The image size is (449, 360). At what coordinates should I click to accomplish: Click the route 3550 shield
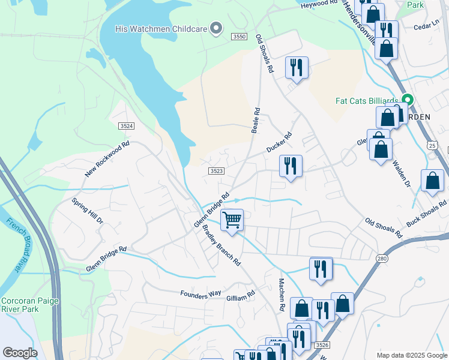(239, 37)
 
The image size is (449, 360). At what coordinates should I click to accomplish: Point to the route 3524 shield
(126, 126)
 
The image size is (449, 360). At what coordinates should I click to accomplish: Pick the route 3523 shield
(217, 171)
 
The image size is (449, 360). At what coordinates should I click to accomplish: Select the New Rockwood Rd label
(107, 160)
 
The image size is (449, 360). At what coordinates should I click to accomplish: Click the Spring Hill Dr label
(88, 211)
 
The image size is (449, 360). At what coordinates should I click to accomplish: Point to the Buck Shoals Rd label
(427, 213)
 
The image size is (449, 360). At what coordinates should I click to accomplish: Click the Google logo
(20, 353)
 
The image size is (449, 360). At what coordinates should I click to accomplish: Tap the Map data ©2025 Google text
(411, 355)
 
